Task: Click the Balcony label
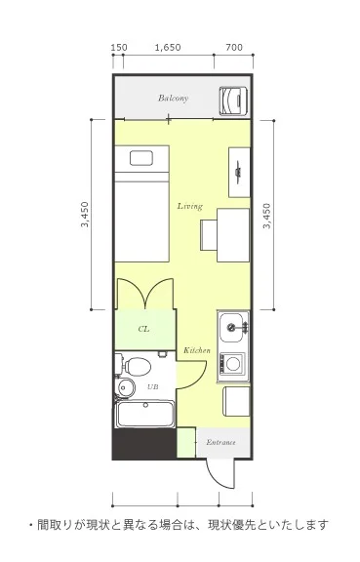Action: point(174,98)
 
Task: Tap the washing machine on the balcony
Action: point(233,100)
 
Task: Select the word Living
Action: point(190,206)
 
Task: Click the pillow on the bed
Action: point(141,158)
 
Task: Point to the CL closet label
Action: point(143,329)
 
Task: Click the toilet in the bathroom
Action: point(137,366)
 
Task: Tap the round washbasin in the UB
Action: point(126,387)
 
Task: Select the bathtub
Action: point(145,414)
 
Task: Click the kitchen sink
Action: point(233,328)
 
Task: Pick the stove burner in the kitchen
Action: point(233,363)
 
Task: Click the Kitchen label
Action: point(197,350)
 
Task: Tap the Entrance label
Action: point(220,442)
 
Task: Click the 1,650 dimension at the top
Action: point(168,47)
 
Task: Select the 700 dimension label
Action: point(234,47)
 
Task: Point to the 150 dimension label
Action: point(119,47)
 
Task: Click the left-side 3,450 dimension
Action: point(85,215)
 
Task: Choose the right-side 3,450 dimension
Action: point(266,216)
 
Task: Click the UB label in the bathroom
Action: point(153,387)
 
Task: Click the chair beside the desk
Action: point(209,235)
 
